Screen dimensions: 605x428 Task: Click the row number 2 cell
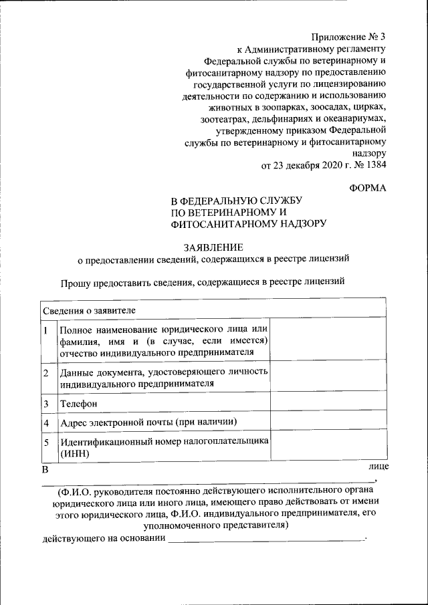(x=45, y=372)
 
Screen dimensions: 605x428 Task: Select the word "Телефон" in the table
(x=78, y=404)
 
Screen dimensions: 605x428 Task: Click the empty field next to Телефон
(x=328, y=403)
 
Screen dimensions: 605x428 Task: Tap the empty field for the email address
(x=328, y=421)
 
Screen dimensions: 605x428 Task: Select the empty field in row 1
(x=328, y=340)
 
